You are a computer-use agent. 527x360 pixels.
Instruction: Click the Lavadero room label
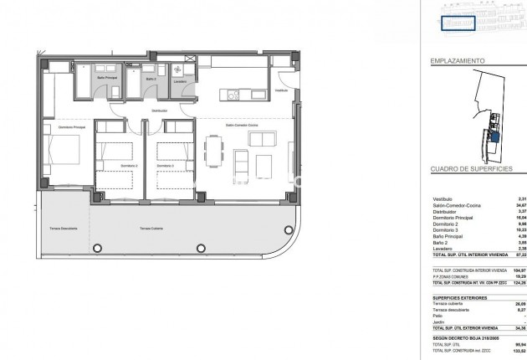[180, 82]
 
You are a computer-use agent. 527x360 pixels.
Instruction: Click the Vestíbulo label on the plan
[281, 90]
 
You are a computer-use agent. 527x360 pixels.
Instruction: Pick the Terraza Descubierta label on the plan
[64, 229]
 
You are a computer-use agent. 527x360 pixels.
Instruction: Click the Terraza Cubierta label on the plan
[151, 229]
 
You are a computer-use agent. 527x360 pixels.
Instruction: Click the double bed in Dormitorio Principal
[64, 155]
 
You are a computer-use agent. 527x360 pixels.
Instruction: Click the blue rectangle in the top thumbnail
[458, 23]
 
